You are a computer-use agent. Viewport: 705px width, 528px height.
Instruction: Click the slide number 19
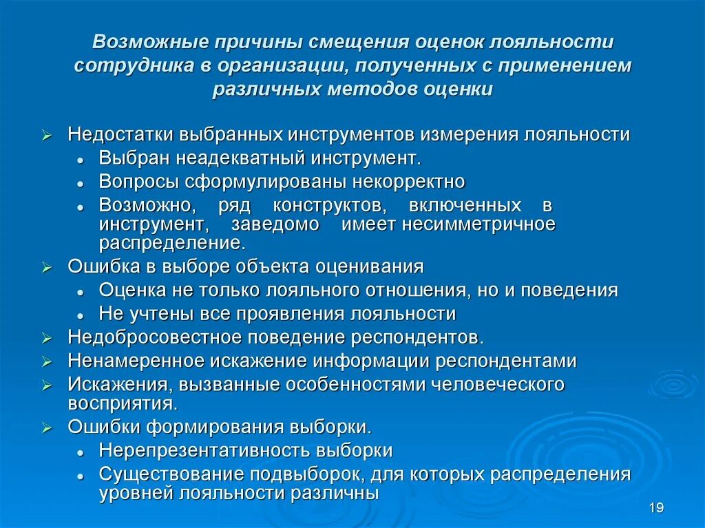coord(655,508)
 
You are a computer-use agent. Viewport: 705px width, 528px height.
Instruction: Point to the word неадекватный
coord(235,158)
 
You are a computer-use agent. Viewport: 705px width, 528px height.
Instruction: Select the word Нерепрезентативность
coord(204,451)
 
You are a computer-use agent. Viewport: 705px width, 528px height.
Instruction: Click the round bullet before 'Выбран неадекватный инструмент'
coord(81,160)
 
